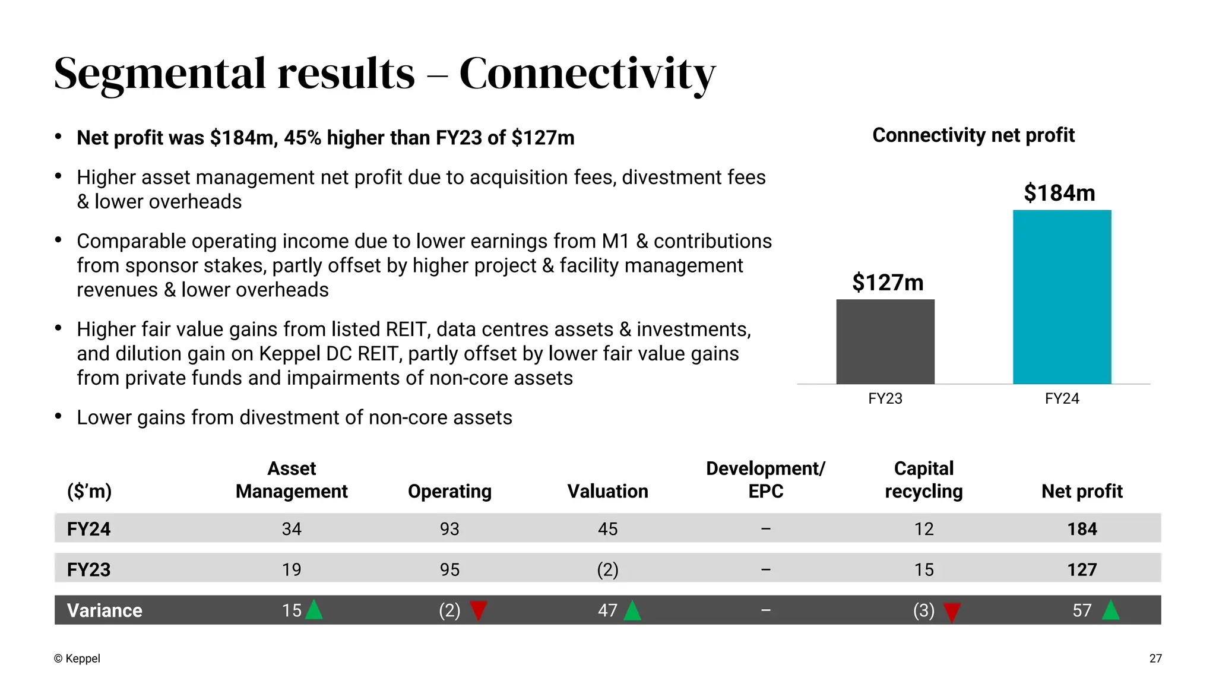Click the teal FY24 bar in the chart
[1062, 297]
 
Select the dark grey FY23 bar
[885, 341]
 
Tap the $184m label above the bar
[1059, 193]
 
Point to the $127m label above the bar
[888, 283]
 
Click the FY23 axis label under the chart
[885, 398]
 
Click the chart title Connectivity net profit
[973, 135]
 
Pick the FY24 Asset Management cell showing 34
[292, 528]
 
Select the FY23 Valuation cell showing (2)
[607, 569]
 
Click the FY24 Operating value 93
[449, 528]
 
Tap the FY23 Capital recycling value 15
[923, 569]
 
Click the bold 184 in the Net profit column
[1082, 528]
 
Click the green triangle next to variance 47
[632, 611]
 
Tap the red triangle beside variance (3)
[952, 612]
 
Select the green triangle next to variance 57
[1110, 611]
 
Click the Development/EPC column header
[765, 480]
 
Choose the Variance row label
[104, 610]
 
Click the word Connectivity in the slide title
[587, 74]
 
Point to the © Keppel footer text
[77, 658]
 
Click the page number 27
[1155, 658]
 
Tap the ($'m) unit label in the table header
[89, 491]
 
